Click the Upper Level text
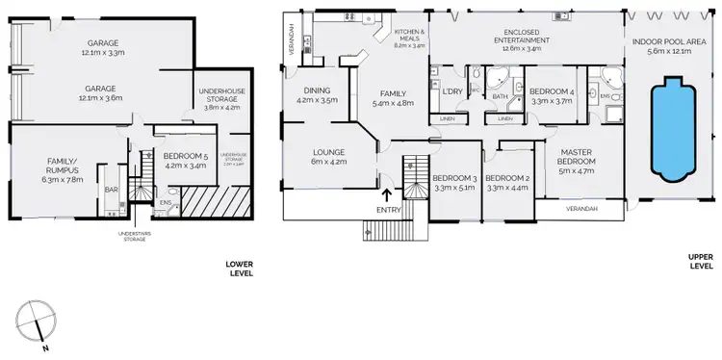coord(700,260)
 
